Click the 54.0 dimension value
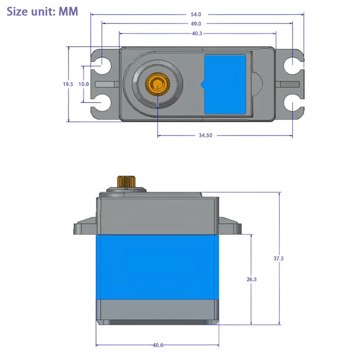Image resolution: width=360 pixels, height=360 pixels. (x=196, y=14)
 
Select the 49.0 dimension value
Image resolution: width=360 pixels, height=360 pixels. (x=196, y=24)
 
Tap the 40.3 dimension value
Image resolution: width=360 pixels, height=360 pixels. (x=197, y=33)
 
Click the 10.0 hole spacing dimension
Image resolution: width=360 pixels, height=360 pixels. (x=83, y=84)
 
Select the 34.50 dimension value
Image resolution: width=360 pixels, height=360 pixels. (x=205, y=135)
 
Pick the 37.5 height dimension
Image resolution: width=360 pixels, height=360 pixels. (x=279, y=258)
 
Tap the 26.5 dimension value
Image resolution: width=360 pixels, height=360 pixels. (x=251, y=279)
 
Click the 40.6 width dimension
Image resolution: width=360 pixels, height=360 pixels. (x=157, y=345)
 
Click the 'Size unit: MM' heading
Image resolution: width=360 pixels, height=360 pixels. (x=42, y=11)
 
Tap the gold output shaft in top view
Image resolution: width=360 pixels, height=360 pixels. (x=157, y=84)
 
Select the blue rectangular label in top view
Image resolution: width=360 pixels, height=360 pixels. (x=225, y=84)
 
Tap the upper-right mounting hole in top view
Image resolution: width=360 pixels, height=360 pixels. (x=292, y=65)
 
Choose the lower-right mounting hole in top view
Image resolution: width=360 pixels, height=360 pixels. (x=292, y=103)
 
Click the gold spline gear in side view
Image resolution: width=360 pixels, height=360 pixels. (x=126, y=181)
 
